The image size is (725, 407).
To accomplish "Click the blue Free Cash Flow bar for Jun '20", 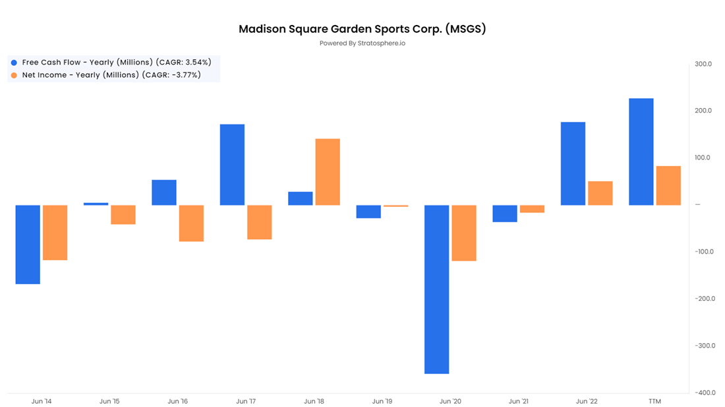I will [436, 289].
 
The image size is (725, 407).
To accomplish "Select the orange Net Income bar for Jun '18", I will [328, 172].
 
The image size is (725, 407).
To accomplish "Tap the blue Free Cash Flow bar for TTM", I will [641, 151].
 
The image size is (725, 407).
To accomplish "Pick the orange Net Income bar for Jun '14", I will [55, 232].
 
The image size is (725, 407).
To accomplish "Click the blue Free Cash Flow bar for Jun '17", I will [232, 165].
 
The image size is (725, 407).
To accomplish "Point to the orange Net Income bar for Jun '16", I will [191, 223].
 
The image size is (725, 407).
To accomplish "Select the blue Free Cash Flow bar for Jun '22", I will [573, 163].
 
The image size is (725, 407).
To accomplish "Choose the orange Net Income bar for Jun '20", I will [464, 233].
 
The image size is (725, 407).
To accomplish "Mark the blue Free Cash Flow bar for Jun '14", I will [28, 244].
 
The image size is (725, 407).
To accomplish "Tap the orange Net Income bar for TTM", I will [668, 186].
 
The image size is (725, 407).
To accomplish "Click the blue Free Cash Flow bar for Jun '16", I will [164, 192].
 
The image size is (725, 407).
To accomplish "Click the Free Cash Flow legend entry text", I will [117, 62].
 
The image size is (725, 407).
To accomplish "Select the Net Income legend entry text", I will [111, 75].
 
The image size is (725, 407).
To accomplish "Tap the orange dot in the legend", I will [14, 75].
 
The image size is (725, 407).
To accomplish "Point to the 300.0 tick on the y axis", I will [703, 64].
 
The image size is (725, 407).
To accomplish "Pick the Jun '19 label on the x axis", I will [382, 401].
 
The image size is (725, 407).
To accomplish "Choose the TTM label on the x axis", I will [654, 401].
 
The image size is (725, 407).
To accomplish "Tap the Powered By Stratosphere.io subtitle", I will [362, 43].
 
